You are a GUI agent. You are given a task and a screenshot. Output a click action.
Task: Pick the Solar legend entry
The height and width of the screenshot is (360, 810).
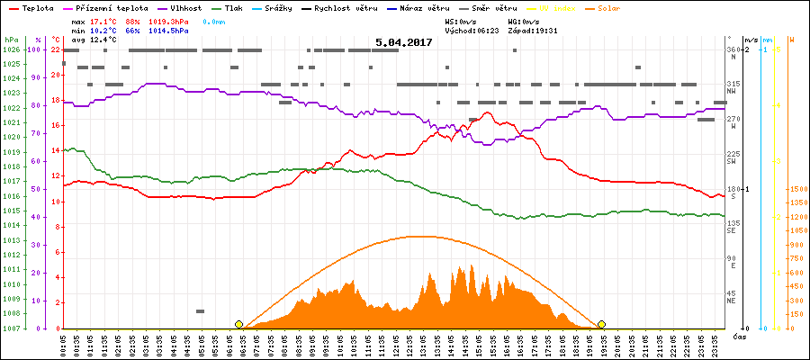pyautogui.click(x=622, y=7)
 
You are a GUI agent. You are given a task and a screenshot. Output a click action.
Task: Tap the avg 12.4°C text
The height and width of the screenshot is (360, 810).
pyautogui.click(x=94, y=40)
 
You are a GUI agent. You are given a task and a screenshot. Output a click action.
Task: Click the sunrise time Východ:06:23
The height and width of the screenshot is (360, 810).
pyautogui.click(x=470, y=30)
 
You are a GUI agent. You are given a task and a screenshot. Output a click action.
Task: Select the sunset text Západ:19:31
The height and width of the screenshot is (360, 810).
pyautogui.click(x=532, y=30)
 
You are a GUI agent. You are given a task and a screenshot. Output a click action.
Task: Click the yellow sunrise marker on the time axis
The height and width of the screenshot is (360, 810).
pyautogui.click(x=238, y=324)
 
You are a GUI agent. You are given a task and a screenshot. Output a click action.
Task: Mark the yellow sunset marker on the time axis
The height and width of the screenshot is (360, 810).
pyautogui.click(x=601, y=324)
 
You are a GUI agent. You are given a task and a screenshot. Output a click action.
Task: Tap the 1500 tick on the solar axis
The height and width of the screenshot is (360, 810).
pyautogui.click(x=796, y=189)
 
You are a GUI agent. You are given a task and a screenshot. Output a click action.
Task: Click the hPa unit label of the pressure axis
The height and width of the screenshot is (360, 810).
pyautogui.click(x=11, y=40)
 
